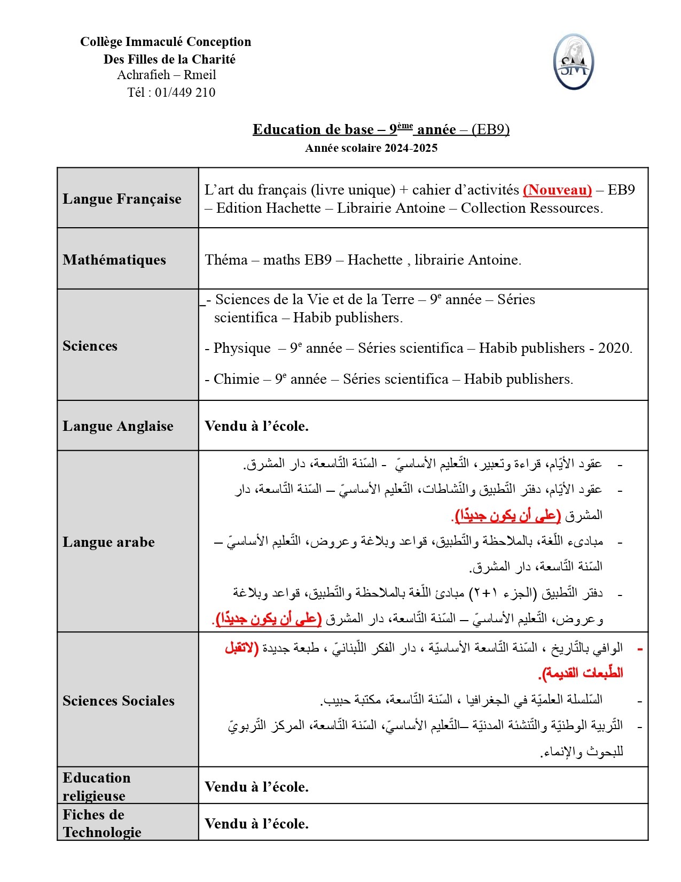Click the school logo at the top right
point(573,62)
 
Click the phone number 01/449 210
point(185,92)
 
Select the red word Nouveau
point(557,190)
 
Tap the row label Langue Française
point(122,199)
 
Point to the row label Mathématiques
point(114,260)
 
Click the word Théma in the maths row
point(226,260)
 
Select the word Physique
point(242,348)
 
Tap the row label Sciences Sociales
point(119,701)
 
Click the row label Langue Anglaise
point(118,426)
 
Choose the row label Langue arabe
point(108,542)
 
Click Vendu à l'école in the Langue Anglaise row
point(256,426)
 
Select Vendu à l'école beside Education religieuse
point(256,787)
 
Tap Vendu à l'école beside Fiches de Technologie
point(256,824)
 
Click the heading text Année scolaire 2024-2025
point(371,148)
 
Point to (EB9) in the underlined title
point(490,129)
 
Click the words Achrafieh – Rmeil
point(167,75)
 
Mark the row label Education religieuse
point(96,786)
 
